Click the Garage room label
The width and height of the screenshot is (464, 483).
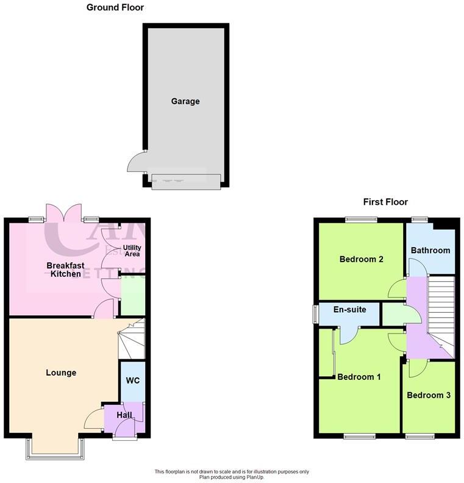coord(185,102)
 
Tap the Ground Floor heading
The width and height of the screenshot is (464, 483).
coord(115,8)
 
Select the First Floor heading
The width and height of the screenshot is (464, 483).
coord(385,202)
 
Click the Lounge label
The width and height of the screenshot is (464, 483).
coord(61,373)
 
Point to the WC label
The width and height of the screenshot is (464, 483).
coord(133,381)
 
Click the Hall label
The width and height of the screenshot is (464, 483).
coord(124,415)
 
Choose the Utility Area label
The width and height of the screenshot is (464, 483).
coord(132,251)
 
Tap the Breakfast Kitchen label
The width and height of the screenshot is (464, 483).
coord(66,270)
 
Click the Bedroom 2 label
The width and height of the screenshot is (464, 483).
coord(362,259)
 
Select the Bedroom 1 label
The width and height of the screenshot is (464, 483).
coord(359,377)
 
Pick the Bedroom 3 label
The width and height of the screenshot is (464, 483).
coord(429,395)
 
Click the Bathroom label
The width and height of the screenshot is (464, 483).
coord(430,250)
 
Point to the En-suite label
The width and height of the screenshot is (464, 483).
coord(350,310)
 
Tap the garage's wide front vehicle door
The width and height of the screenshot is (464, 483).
coord(186,181)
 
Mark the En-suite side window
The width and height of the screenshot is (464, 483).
coord(315,312)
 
